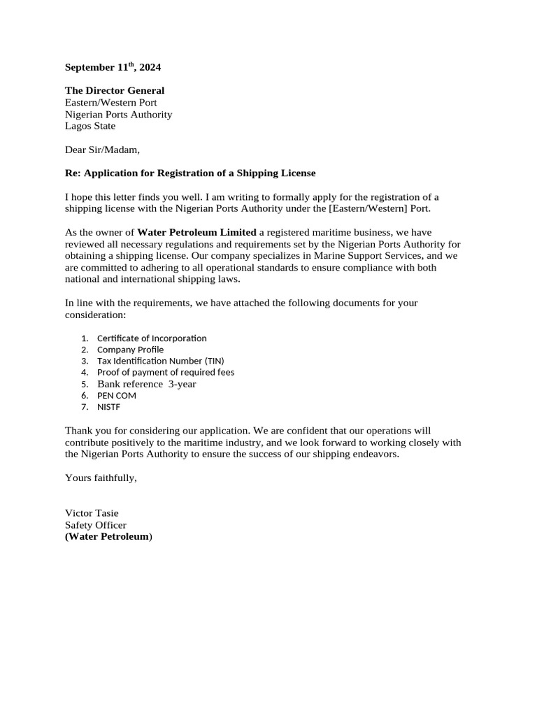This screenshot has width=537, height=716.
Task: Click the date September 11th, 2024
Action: pyautogui.click(x=113, y=68)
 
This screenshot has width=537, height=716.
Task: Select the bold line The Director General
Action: pyautogui.click(x=115, y=90)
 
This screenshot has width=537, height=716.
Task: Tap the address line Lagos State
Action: pyautogui.click(x=90, y=126)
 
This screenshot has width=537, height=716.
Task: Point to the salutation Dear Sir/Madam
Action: pyautogui.click(x=102, y=149)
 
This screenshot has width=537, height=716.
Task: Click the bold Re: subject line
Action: pyautogui.click(x=190, y=173)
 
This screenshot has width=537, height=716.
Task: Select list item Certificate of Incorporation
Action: pyautogui.click(x=152, y=338)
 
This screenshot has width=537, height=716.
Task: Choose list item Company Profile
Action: pyautogui.click(x=130, y=350)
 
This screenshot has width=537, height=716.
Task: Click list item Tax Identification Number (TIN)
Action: pyautogui.click(x=160, y=361)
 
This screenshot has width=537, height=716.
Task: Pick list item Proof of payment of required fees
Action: pyautogui.click(x=166, y=373)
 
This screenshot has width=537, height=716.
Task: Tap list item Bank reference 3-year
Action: pyautogui.click(x=146, y=384)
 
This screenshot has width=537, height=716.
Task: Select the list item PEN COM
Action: pyautogui.click(x=116, y=396)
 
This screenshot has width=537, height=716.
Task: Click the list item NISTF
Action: pyautogui.click(x=109, y=407)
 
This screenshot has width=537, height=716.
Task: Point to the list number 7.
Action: pyautogui.click(x=84, y=407)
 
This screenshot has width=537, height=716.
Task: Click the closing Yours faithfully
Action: pyautogui.click(x=101, y=478)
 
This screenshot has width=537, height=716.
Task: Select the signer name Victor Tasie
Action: pyautogui.click(x=92, y=513)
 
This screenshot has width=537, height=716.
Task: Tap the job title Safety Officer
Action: pyautogui.click(x=96, y=525)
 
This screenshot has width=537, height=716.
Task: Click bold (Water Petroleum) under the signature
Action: pyautogui.click(x=108, y=536)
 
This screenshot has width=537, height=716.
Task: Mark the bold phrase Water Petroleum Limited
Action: pyautogui.click(x=196, y=232)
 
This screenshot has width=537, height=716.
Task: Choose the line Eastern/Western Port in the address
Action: pyautogui.click(x=110, y=102)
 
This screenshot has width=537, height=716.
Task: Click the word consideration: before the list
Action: pyautogui.click(x=95, y=315)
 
